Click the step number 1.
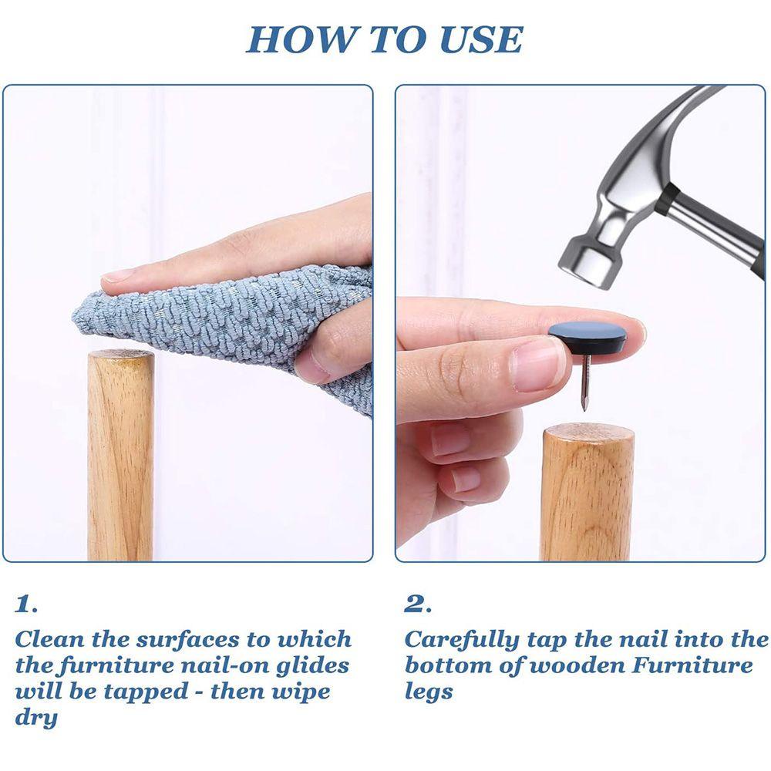point(25,604)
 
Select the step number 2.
point(417,604)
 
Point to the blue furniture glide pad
point(587,338)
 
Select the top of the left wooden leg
point(120,355)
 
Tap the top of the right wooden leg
point(588,433)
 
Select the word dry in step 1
point(36,719)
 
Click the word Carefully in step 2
point(462,641)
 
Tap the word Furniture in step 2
point(692,665)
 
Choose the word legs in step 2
point(428,692)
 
